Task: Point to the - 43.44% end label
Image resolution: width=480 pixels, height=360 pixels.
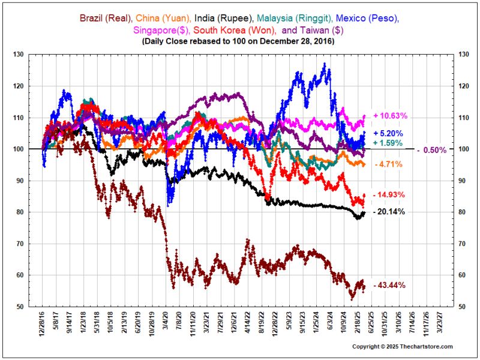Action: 389,285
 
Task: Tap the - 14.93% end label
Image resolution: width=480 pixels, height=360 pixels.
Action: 389,195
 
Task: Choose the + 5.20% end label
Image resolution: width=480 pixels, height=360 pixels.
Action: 388,133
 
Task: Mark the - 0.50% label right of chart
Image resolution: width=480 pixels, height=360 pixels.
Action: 431,150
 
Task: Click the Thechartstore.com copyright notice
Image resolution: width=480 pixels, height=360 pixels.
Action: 402,346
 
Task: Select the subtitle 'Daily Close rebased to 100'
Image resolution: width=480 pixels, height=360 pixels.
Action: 240,41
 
